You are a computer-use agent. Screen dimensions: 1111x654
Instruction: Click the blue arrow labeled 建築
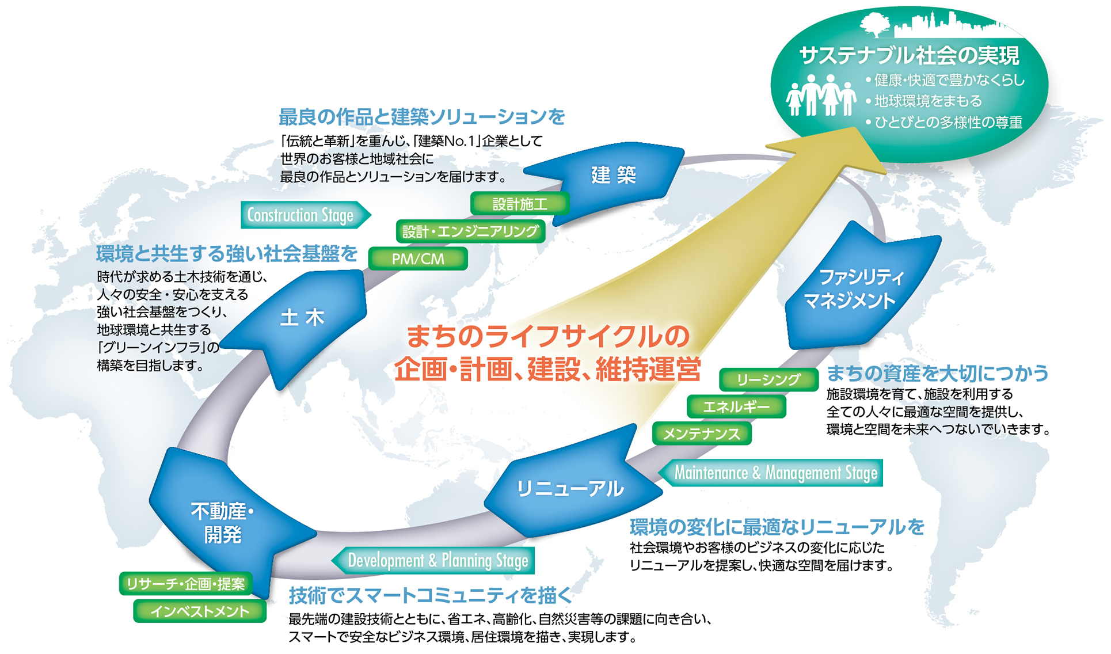coord(610,176)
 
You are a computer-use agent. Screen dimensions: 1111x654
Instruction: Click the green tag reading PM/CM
coord(418,259)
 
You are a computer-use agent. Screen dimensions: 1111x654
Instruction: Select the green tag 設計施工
coord(520,204)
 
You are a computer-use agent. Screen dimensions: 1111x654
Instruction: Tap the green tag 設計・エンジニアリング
coord(470,231)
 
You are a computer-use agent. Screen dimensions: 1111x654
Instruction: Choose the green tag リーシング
coord(768,379)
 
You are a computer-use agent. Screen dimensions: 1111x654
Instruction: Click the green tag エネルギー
coord(736,406)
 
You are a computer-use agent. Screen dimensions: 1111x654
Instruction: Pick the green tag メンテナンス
coord(702,434)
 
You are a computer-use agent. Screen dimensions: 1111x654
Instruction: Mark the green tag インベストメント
coord(200,611)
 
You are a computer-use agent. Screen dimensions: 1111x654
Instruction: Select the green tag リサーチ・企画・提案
coord(185,584)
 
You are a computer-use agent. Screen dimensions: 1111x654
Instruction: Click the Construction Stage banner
coord(306,215)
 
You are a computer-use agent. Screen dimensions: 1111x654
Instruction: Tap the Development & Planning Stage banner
coord(433,560)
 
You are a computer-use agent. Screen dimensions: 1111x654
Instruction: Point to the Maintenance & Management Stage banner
coord(770,473)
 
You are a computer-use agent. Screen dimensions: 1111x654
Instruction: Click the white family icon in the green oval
coord(821,95)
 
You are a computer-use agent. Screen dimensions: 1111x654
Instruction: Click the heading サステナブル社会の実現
coord(909,56)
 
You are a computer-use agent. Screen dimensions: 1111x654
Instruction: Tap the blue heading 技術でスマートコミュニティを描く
coord(431,595)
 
